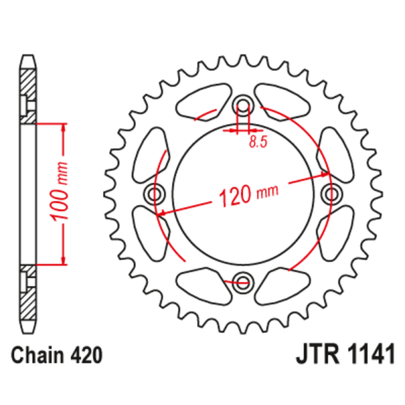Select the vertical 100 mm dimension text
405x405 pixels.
(60, 192)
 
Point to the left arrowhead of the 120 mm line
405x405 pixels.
(162, 214)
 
